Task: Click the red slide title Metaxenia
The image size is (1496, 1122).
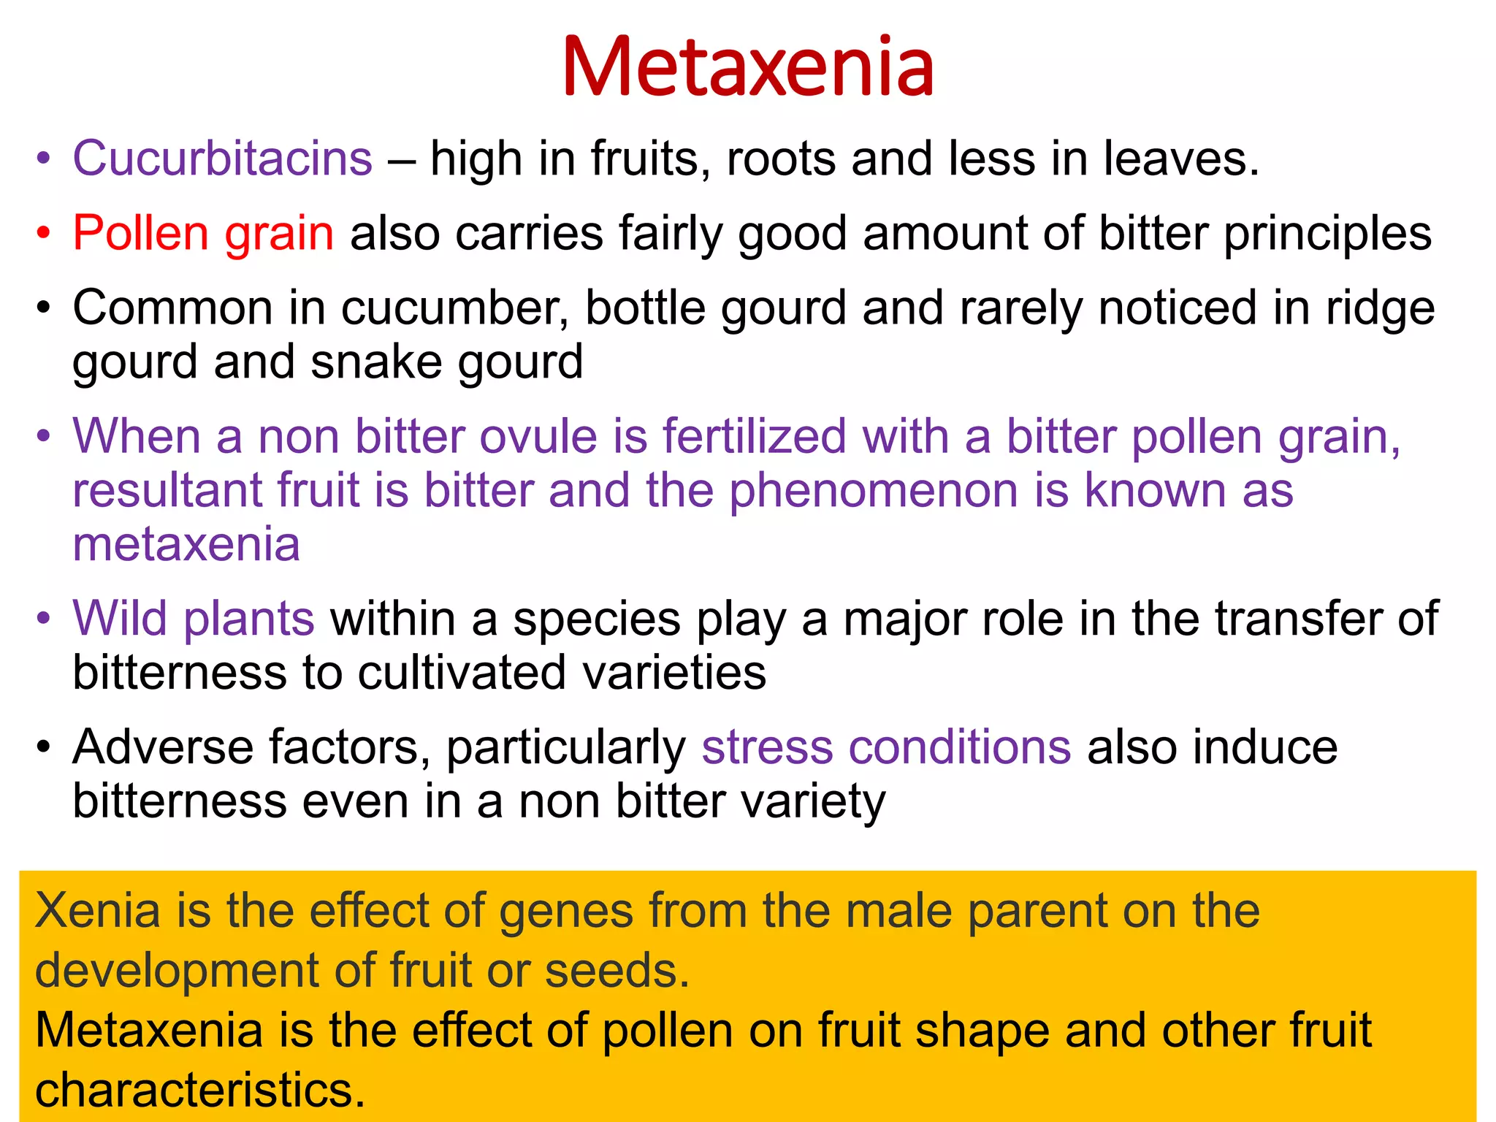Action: coord(748,67)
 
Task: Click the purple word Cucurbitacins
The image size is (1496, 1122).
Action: coord(223,158)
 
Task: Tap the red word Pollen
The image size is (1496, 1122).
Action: coord(141,233)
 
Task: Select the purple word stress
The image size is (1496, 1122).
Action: coord(767,747)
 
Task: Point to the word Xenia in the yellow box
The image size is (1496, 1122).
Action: coord(98,911)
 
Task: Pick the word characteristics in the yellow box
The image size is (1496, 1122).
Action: coord(199,1089)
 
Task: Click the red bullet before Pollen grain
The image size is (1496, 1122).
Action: coord(45,234)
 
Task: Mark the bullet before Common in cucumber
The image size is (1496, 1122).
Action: coord(45,309)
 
